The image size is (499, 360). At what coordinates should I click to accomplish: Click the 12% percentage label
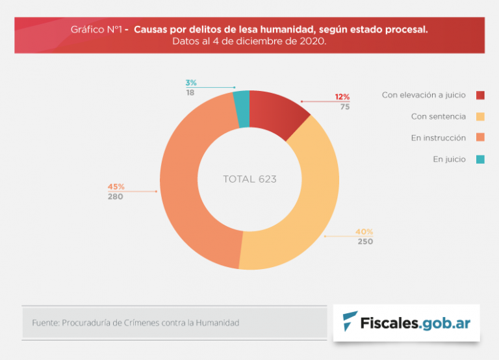[342, 97]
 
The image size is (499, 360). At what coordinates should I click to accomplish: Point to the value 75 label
[344, 107]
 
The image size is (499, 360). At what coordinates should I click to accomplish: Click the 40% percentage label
[364, 232]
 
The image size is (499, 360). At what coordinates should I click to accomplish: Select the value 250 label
[365, 242]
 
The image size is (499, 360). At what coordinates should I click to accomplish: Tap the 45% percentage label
[116, 187]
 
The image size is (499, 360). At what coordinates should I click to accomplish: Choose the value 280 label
[116, 197]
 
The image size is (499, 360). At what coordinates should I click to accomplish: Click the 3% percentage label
[190, 83]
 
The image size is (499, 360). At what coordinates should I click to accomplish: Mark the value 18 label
[190, 93]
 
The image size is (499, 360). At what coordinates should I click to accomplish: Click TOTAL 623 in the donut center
[249, 179]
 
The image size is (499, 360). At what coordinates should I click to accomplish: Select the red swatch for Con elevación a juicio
[480, 95]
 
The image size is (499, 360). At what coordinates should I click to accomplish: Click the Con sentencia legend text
[438, 116]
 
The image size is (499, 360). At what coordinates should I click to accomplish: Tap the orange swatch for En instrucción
[480, 138]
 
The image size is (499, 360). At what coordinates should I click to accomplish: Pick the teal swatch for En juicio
[480, 159]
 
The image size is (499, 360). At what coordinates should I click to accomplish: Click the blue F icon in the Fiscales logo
[351, 322]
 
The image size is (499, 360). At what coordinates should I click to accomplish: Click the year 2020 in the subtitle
[313, 41]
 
